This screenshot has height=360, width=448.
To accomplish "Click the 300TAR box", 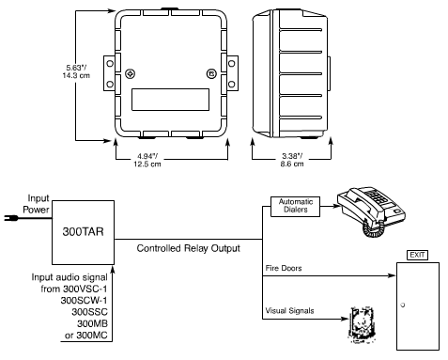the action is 83,232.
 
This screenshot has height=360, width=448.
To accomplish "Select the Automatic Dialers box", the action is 295,207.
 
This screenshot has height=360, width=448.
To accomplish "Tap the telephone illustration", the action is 371,211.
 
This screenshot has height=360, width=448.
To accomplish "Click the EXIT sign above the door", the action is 417,255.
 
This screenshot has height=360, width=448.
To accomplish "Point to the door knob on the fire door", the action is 403,305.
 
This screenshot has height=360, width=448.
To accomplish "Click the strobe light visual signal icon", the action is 362,324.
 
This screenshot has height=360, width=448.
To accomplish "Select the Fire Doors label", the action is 284,268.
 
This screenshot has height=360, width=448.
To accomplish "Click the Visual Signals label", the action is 289,311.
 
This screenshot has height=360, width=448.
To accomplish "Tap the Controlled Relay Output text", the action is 189,248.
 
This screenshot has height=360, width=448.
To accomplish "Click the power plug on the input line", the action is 10,218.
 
